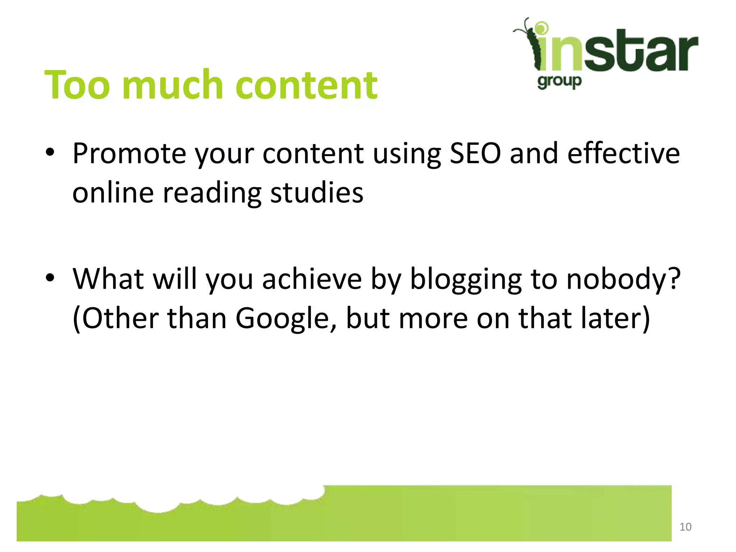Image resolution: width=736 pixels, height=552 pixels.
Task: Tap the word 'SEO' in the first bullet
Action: tap(475, 154)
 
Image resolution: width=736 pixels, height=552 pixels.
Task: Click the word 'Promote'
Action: tap(129, 154)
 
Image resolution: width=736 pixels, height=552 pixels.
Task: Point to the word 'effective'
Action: tap(624, 154)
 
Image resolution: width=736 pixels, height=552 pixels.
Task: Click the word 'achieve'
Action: tap(312, 279)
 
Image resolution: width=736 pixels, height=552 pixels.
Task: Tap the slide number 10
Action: tap(685, 527)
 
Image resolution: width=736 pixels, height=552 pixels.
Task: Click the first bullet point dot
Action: tap(50, 152)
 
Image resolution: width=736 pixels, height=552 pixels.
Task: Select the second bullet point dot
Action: tap(50, 277)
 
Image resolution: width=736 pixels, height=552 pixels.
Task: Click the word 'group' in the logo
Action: tap(559, 82)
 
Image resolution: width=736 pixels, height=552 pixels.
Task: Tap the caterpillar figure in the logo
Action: tap(530, 45)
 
